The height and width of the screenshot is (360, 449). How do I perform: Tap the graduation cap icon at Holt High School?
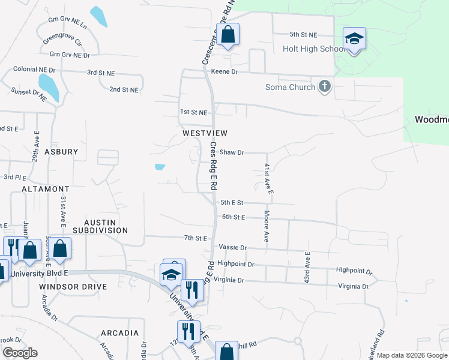coord(354,39)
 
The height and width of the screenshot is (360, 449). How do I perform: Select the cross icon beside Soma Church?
coord(325,86)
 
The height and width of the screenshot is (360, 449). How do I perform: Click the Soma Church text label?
coord(291,87)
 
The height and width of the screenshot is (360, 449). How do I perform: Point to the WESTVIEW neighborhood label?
coord(200,133)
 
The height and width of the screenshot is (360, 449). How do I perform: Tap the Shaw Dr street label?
coord(232,152)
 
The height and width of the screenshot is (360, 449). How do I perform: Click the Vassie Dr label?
coord(233,247)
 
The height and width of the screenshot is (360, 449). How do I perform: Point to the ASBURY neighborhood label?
coord(61,152)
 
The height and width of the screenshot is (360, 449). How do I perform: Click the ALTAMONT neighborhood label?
coord(46,188)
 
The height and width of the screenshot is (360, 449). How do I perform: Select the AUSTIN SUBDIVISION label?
coord(101,226)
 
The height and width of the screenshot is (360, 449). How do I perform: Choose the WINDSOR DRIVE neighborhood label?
coord(73,287)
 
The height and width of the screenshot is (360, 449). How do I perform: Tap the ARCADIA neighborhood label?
coord(120,332)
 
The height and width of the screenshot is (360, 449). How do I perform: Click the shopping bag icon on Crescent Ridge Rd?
coord(228,34)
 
